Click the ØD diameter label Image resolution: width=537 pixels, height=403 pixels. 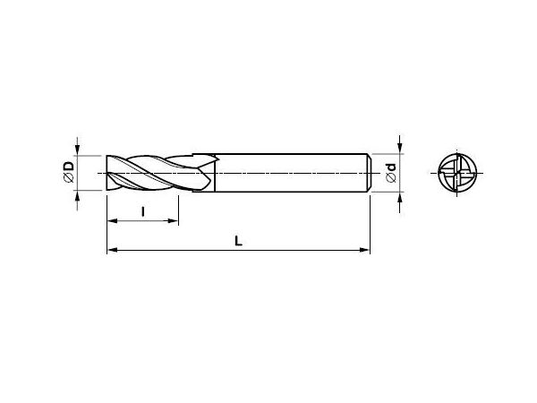(x=69, y=172)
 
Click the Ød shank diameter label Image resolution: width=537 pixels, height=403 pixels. (x=391, y=172)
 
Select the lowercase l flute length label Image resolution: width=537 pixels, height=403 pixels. (x=143, y=211)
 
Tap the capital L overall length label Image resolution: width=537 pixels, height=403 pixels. (x=238, y=241)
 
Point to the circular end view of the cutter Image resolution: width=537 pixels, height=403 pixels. (x=457, y=172)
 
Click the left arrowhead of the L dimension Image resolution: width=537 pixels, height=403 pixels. (x=112, y=250)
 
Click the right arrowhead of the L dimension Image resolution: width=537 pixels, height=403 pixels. (x=365, y=250)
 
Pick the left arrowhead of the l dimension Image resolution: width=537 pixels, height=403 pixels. (x=112, y=221)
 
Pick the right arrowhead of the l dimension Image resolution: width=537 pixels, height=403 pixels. (x=174, y=221)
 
